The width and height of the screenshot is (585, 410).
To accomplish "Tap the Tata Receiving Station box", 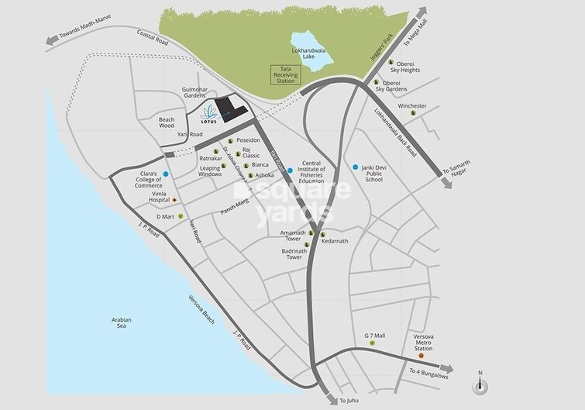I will [x=284, y=74].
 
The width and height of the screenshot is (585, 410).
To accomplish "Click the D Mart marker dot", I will [x=180, y=216].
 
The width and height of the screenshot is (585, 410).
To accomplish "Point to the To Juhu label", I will [x=349, y=400].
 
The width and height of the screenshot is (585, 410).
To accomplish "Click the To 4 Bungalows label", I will [x=429, y=375].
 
